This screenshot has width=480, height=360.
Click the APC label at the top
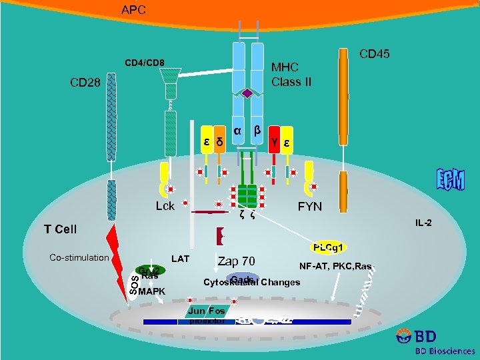133,10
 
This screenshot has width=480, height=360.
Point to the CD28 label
86,84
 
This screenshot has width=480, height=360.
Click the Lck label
165,206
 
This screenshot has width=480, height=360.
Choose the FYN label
309,207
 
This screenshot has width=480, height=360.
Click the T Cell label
61,229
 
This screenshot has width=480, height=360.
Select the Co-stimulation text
79,257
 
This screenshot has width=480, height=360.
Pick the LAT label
181,257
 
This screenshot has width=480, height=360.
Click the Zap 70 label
236,261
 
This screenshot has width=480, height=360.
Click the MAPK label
151,291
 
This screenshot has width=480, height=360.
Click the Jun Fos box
207,311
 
